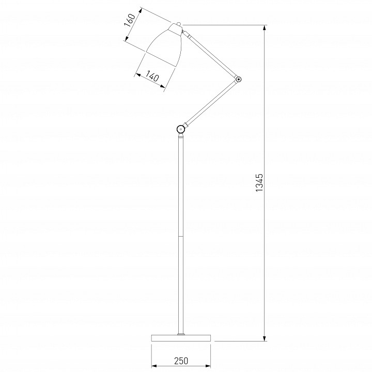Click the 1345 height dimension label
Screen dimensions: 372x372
260,183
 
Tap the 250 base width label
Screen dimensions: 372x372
181,361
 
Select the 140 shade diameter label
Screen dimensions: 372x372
151,76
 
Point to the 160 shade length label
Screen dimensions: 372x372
130,20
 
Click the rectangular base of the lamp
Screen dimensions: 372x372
181,338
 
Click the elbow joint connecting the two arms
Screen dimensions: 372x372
238,79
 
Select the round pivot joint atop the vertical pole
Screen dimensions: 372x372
181,129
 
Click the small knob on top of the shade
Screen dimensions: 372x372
178,24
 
